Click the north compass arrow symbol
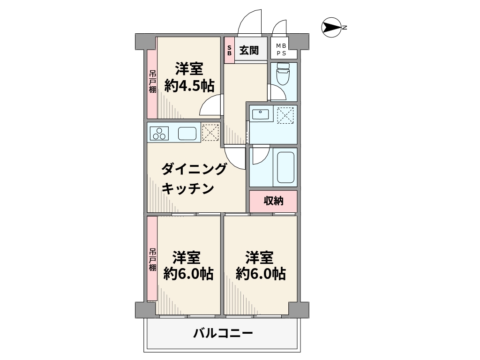(331, 28)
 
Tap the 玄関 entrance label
(249, 50)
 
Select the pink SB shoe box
(229, 50)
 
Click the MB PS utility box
(284, 49)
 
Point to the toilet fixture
(283, 74)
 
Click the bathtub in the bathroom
(285, 167)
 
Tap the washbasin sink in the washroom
(261, 114)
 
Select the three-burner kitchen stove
(159, 134)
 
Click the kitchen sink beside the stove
(187, 134)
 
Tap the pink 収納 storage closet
(273, 201)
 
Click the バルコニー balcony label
(223, 333)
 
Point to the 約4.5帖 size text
(189, 86)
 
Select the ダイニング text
(194, 169)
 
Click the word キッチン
(187, 188)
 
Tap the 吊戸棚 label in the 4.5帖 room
(152, 82)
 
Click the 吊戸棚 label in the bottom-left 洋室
(152, 260)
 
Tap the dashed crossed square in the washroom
(285, 115)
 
